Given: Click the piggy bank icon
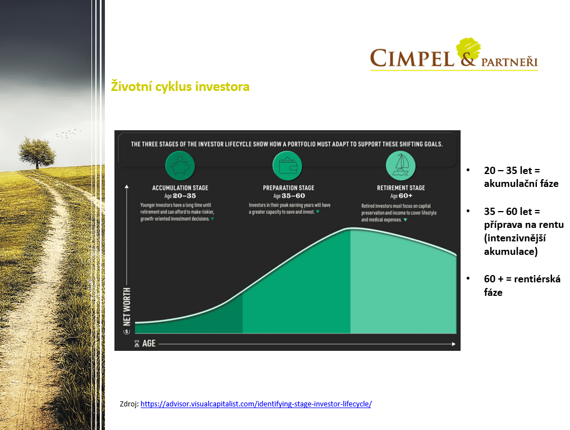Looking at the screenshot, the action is pos(180,166).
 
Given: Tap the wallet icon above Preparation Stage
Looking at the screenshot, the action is pos(288,166).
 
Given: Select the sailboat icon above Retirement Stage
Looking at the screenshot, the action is pos(401,166).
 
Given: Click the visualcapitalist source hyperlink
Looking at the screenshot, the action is pos(256,404).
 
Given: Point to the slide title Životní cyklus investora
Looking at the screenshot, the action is pos(180,86).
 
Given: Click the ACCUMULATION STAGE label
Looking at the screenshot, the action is pos(180,187).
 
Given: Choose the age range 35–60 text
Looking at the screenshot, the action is pos(293,196).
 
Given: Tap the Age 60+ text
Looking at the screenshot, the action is pos(401,196).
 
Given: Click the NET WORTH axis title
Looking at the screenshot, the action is pos(127,307).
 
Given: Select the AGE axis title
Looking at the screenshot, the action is pos(149,344).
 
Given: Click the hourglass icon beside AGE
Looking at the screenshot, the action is pos(137,344).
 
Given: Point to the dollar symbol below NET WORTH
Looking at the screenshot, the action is pos(127,331).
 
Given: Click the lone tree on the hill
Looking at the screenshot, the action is pos(37,153).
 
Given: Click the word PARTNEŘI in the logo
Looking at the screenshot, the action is pos(509,62).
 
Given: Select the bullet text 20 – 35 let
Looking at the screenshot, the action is pos(508,170).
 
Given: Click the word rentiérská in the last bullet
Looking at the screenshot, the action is pos(537,279).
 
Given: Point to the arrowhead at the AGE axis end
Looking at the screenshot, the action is pos(454,344).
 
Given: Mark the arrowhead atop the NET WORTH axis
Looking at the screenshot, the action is pos(126,186).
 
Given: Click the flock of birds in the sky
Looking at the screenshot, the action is pos(68,133).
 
